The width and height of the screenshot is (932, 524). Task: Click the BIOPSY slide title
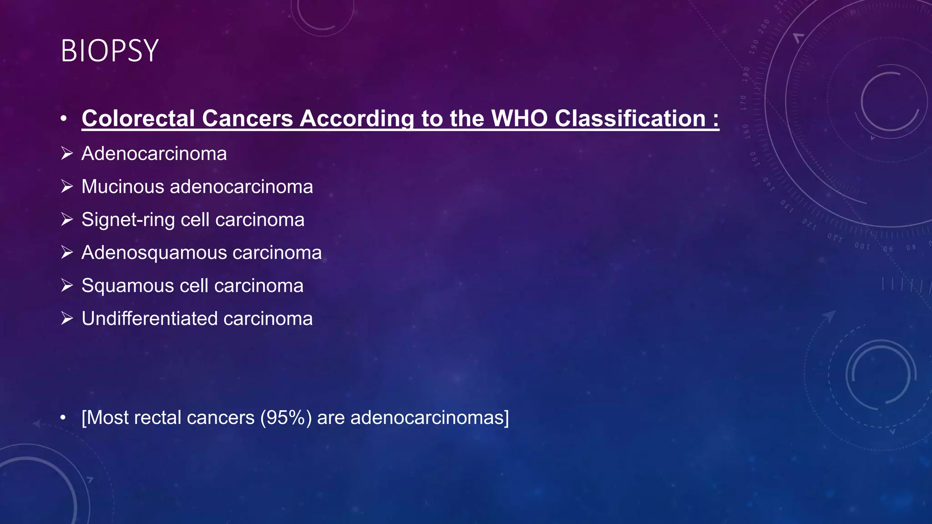coord(109,50)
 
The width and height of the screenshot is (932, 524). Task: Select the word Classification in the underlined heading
coord(630,118)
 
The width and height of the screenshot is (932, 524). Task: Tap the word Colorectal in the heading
coord(138,118)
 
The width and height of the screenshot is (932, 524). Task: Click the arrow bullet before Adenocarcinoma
coord(67,154)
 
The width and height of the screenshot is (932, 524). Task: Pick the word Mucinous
coord(122,187)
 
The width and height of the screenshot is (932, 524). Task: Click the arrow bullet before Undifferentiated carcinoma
coord(67,319)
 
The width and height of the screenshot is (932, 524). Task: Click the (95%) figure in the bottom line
coord(286,418)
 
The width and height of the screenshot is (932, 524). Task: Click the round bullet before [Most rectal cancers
coord(63,418)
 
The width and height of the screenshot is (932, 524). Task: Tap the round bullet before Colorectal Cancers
coord(63,119)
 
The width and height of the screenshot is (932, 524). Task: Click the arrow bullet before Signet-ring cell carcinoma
coord(67,220)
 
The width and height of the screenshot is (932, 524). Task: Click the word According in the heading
coord(357,118)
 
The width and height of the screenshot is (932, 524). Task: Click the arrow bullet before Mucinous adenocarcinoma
coord(67,187)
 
